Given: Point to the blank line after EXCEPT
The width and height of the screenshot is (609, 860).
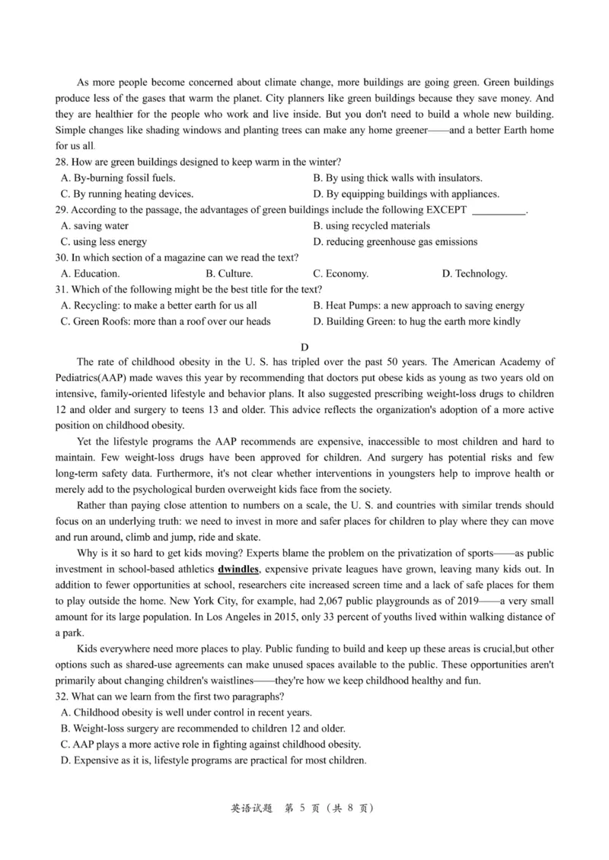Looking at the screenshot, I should click(499, 210).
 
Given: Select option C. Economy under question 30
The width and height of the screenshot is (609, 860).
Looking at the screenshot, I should click(341, 274).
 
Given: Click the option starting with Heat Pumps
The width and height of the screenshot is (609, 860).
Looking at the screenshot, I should click(419, 306).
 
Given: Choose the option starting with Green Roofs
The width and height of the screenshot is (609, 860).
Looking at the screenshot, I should click(165, 322).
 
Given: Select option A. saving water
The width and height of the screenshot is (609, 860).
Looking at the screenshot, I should click(94, 226).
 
